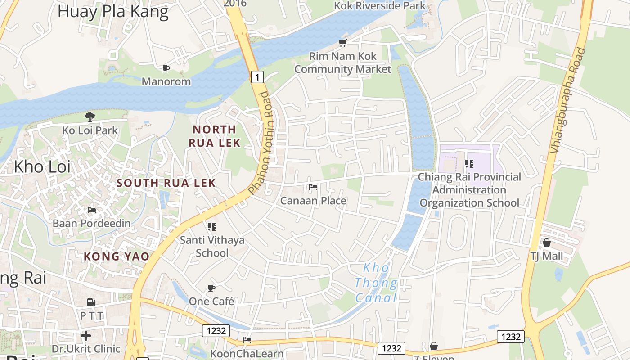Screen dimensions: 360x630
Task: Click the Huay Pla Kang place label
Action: pyautogui.click(x=113, y=12)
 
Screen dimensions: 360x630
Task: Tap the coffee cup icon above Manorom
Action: pyautogui.click(x=166, y=68)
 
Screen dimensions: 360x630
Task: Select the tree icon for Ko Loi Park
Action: pyautogui.click(x=90, y=117)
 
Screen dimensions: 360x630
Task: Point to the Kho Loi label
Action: pyautogui.click(x=42, y=166)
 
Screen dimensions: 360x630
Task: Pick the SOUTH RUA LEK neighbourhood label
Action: pyautogui.click(x=166, y=183)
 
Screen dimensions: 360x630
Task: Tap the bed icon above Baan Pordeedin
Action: pyautogui.click(x=92, y=210)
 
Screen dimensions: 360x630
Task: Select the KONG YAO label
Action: pyautogui.click(x=117, y=256)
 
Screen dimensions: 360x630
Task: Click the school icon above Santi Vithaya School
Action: pyautogui.click(x=212, y=226)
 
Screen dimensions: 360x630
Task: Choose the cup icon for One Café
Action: pyautogui.click(x=211, y=288)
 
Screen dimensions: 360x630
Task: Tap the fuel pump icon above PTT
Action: pyautogui.click(x=91, y=302)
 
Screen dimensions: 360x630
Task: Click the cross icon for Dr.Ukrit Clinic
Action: pyautogui.click(x=86, y=336)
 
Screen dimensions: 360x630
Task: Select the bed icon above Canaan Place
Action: pyautogui.click(x=313, y=187)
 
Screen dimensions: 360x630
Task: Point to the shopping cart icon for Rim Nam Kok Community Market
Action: pyautogui.click(x=343, y=43)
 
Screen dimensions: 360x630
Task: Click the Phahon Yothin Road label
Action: pyautogui.click(x=261, y=143)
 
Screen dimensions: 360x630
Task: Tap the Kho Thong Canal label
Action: pyautogui.click(x=376, y=283)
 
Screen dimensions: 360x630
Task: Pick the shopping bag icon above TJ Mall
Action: pyautogui.click(x=547, y=243)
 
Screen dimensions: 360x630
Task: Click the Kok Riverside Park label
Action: pyautogui.click(x=380, y=6)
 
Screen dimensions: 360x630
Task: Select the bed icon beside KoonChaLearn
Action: pyautogui.click(x=247, y=340)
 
